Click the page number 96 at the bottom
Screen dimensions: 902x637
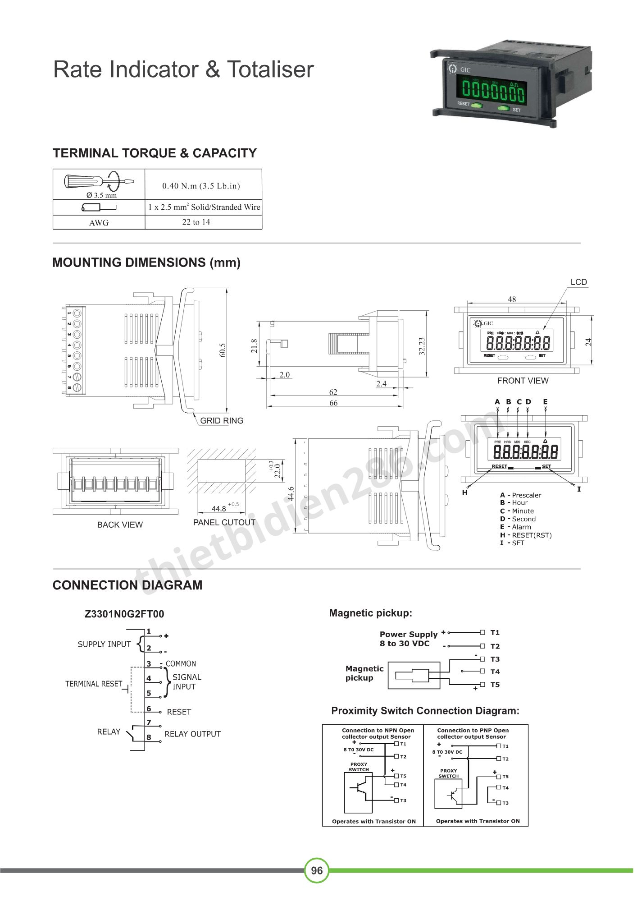pos(317,870)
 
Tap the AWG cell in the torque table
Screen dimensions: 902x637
pos(99,223)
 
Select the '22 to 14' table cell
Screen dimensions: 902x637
pos(196,222)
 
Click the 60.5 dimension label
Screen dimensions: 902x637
pos(223,350)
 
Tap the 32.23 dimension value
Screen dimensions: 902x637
pos(422,346)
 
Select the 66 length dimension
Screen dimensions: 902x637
pos(333,403)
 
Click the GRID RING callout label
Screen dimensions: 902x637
pos(222,420)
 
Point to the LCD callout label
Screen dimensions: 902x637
pos(578,282)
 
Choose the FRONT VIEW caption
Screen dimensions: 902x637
pos(523,381)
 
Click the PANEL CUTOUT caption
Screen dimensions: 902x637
pos(224,522)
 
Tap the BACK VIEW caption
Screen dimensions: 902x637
pos(120,525)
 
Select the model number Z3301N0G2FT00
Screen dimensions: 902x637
pos(124,614)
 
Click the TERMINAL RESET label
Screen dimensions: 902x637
pos(94,684)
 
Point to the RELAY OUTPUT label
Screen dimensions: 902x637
pos(192,734)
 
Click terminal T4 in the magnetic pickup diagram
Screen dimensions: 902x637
pos(483,672)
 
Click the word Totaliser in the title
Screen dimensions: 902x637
pos(270,69)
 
